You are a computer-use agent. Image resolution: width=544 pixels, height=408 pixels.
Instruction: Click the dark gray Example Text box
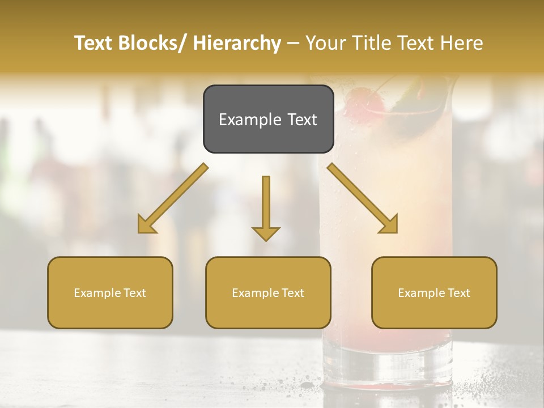point(268,119)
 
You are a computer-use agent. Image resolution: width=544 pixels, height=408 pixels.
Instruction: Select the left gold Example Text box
point(110,292)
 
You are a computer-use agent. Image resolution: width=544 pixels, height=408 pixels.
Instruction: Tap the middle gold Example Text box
point(268,292)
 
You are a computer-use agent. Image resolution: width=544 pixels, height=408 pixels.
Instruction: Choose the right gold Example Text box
point(434,292)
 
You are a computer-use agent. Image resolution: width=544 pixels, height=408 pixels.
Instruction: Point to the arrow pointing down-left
point(173,198)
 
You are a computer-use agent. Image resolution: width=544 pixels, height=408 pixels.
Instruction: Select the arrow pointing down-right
point(363,198)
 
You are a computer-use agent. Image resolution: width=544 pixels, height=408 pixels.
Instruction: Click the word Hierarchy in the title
point(237,43)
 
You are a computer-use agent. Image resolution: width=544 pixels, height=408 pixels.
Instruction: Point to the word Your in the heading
point(326,43)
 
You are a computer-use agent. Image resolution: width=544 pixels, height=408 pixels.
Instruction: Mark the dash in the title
point(293,44)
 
